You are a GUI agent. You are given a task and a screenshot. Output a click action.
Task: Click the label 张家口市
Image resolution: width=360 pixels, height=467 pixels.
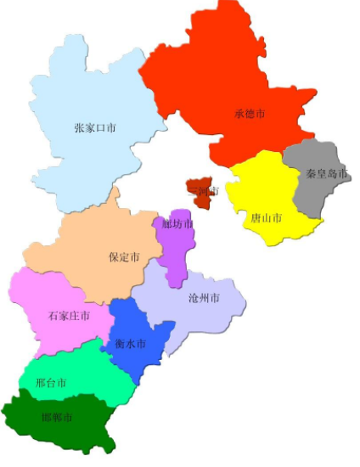[95, 128]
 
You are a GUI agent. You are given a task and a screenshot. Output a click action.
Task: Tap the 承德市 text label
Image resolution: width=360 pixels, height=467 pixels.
[250, 113]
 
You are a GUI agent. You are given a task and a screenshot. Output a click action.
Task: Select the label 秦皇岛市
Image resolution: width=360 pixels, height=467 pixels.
[326, 174]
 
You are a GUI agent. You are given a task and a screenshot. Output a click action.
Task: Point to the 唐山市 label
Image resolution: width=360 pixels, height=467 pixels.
[266, 218]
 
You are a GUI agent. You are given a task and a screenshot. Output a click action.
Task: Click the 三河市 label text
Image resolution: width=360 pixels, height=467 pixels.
[204, 191]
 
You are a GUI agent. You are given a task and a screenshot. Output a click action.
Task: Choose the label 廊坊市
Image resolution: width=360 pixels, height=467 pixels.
[177, 224]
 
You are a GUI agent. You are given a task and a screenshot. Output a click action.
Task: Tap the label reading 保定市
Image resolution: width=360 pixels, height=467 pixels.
[124, 257]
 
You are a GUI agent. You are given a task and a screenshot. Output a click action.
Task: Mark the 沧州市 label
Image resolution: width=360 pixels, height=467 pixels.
[204, 298]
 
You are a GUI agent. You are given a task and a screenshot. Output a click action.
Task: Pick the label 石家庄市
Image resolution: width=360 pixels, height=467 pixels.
[66, 317]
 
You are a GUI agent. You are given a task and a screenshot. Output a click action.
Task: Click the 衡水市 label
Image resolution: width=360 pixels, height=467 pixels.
[130, 344]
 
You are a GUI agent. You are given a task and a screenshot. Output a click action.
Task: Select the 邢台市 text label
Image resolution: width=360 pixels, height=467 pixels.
[51, 382]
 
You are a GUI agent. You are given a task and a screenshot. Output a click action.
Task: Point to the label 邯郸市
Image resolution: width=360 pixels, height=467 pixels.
[57, 418]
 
